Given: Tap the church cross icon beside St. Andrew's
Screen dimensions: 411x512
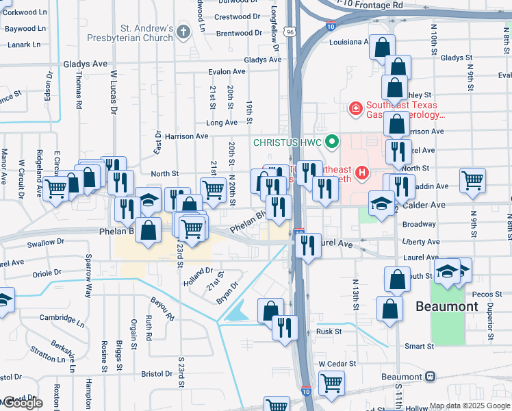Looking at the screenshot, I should tap(183, 32).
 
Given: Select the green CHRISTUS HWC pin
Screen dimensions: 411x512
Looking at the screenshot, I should tap(332, 142).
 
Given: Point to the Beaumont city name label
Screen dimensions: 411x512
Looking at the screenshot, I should tap(446, 306).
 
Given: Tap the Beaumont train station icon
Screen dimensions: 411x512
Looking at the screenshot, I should tap(430, 377).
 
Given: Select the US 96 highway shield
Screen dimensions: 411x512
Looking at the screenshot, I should tap(291, 32).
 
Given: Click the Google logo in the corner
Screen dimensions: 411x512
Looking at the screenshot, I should tap(23, 403).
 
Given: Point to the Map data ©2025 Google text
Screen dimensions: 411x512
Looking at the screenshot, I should tap(469, 406).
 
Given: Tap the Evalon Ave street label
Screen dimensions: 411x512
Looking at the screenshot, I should tap(227, 71).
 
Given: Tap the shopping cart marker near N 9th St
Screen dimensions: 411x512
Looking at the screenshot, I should tap(472, 181).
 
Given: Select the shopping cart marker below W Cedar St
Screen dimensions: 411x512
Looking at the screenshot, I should tap(332, 383).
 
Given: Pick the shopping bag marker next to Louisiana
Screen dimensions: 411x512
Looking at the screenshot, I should tap(383, 48).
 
